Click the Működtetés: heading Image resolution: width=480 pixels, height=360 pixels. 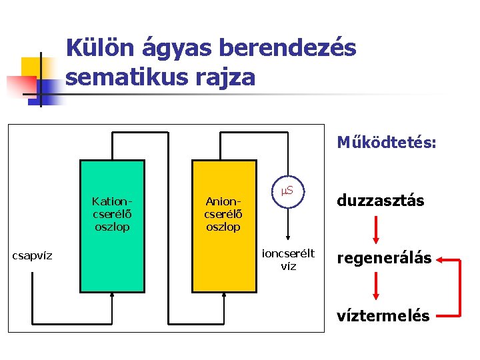pyautogui.click(x=387, y=142)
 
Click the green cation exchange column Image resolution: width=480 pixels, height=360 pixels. pyautogui.click(x=111, y=260)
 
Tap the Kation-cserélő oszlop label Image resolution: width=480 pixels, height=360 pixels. pyautogui.click(x=111, y=213)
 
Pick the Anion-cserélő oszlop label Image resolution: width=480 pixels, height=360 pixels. pyautogui.click(x=223, y=213)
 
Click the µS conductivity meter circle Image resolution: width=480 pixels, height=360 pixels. pyautogui.click(x=288, y=192)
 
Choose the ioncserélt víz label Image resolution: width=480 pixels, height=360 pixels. pyautogui.click(x=288, y=259)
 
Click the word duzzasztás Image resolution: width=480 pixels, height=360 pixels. pyautogui.click(x=380, y=201)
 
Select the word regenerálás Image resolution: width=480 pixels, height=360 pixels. pyautogui.click(x=384, y=258)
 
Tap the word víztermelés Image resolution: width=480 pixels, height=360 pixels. pyautogui.click(x=383, y=315)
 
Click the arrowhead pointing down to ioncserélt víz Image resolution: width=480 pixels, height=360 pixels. pyautogui.click(x=288, y=239)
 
